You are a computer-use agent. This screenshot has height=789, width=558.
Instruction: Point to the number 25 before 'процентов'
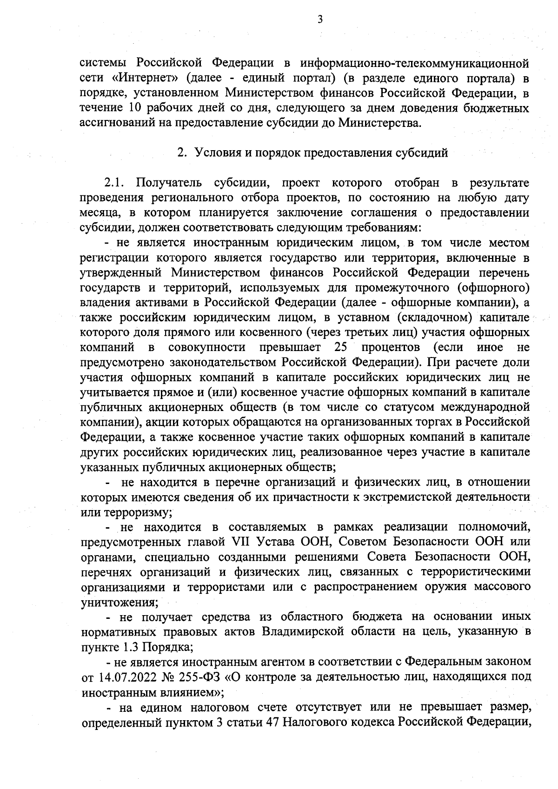tap(342, 347)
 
